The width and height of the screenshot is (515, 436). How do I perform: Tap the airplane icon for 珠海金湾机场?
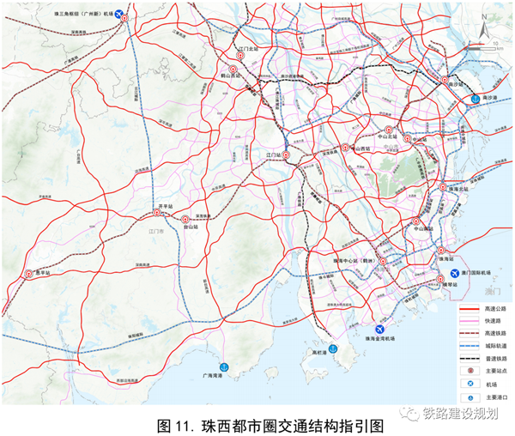[x=379, y=328]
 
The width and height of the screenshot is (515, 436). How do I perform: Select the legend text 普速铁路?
[x=492, y=358]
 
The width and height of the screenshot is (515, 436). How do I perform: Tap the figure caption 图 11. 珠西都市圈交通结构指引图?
[x=257, y=423]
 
